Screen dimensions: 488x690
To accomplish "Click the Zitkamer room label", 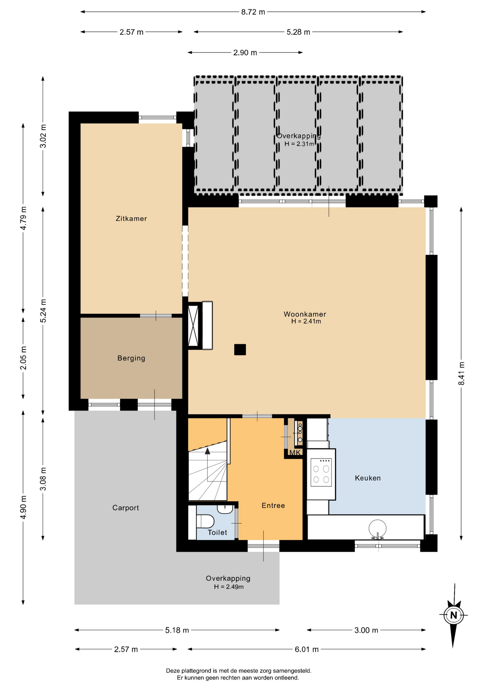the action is [x=131, y=218].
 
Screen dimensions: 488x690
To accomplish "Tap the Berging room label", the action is [x=131, y=358].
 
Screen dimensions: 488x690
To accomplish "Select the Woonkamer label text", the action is [x=305, y=314].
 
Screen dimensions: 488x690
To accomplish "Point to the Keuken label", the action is [x=368, y=478].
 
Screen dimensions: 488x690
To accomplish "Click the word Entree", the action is [x=273, y=506].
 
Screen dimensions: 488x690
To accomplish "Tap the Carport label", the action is [x=125, y=508].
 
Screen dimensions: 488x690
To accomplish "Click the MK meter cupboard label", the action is [x=295, y=453].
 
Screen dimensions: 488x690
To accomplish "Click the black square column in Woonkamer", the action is [x=240, y=350].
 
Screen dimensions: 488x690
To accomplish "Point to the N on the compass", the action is [x=454, y=615].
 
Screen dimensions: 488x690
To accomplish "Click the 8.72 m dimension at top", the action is [x=253, y=12].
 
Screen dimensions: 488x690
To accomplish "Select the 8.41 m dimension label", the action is [x=461, y=373].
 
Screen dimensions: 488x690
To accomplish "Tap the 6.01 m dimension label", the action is [x=307, y=649].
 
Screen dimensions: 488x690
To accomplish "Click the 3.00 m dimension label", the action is [x=366, y=630].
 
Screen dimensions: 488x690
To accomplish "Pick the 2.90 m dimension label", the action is [x=245, y=52].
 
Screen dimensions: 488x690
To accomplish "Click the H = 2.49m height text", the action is [x=229, y=587].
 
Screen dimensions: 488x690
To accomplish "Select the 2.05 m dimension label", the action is [x=23, y=358].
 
